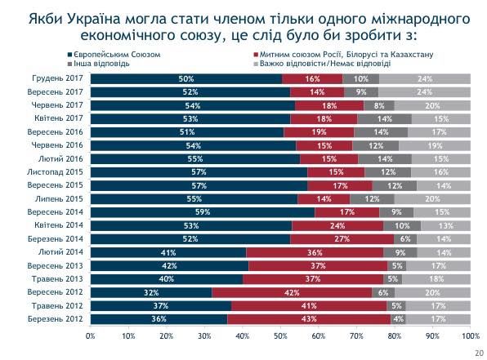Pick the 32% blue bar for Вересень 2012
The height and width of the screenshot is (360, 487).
point(151,292)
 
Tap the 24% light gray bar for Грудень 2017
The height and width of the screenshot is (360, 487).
point(425,79)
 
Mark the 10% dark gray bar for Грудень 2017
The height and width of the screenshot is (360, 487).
point(360,79)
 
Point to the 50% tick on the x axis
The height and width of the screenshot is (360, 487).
point(280,336)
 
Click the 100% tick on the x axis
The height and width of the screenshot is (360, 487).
point(470,336)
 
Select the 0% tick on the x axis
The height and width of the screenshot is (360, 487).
point(91,336)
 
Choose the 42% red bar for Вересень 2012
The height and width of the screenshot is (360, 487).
point(292,292)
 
